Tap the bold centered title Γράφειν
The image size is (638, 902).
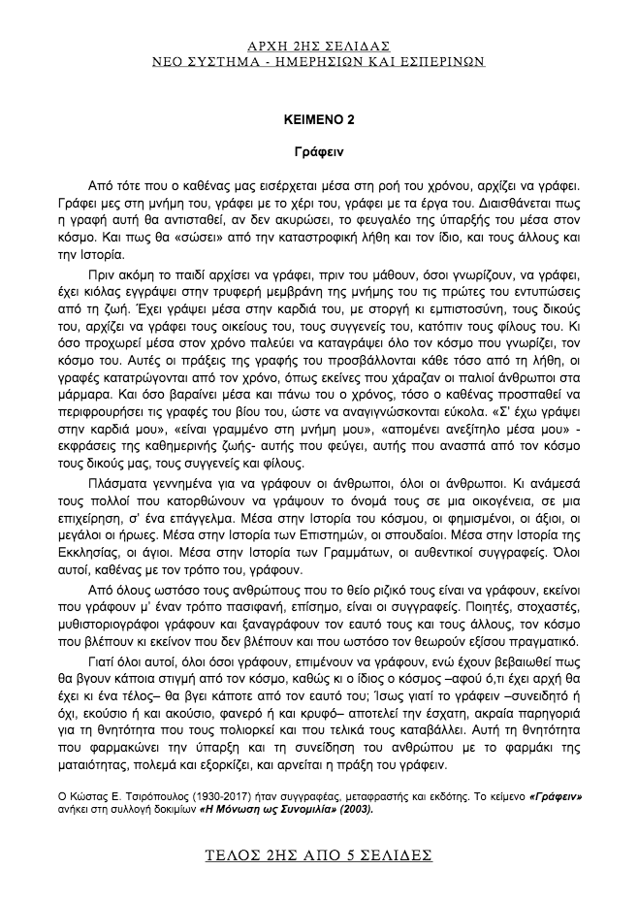click(318, 151)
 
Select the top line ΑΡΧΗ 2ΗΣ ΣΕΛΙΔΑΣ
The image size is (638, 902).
click(318, 46)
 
